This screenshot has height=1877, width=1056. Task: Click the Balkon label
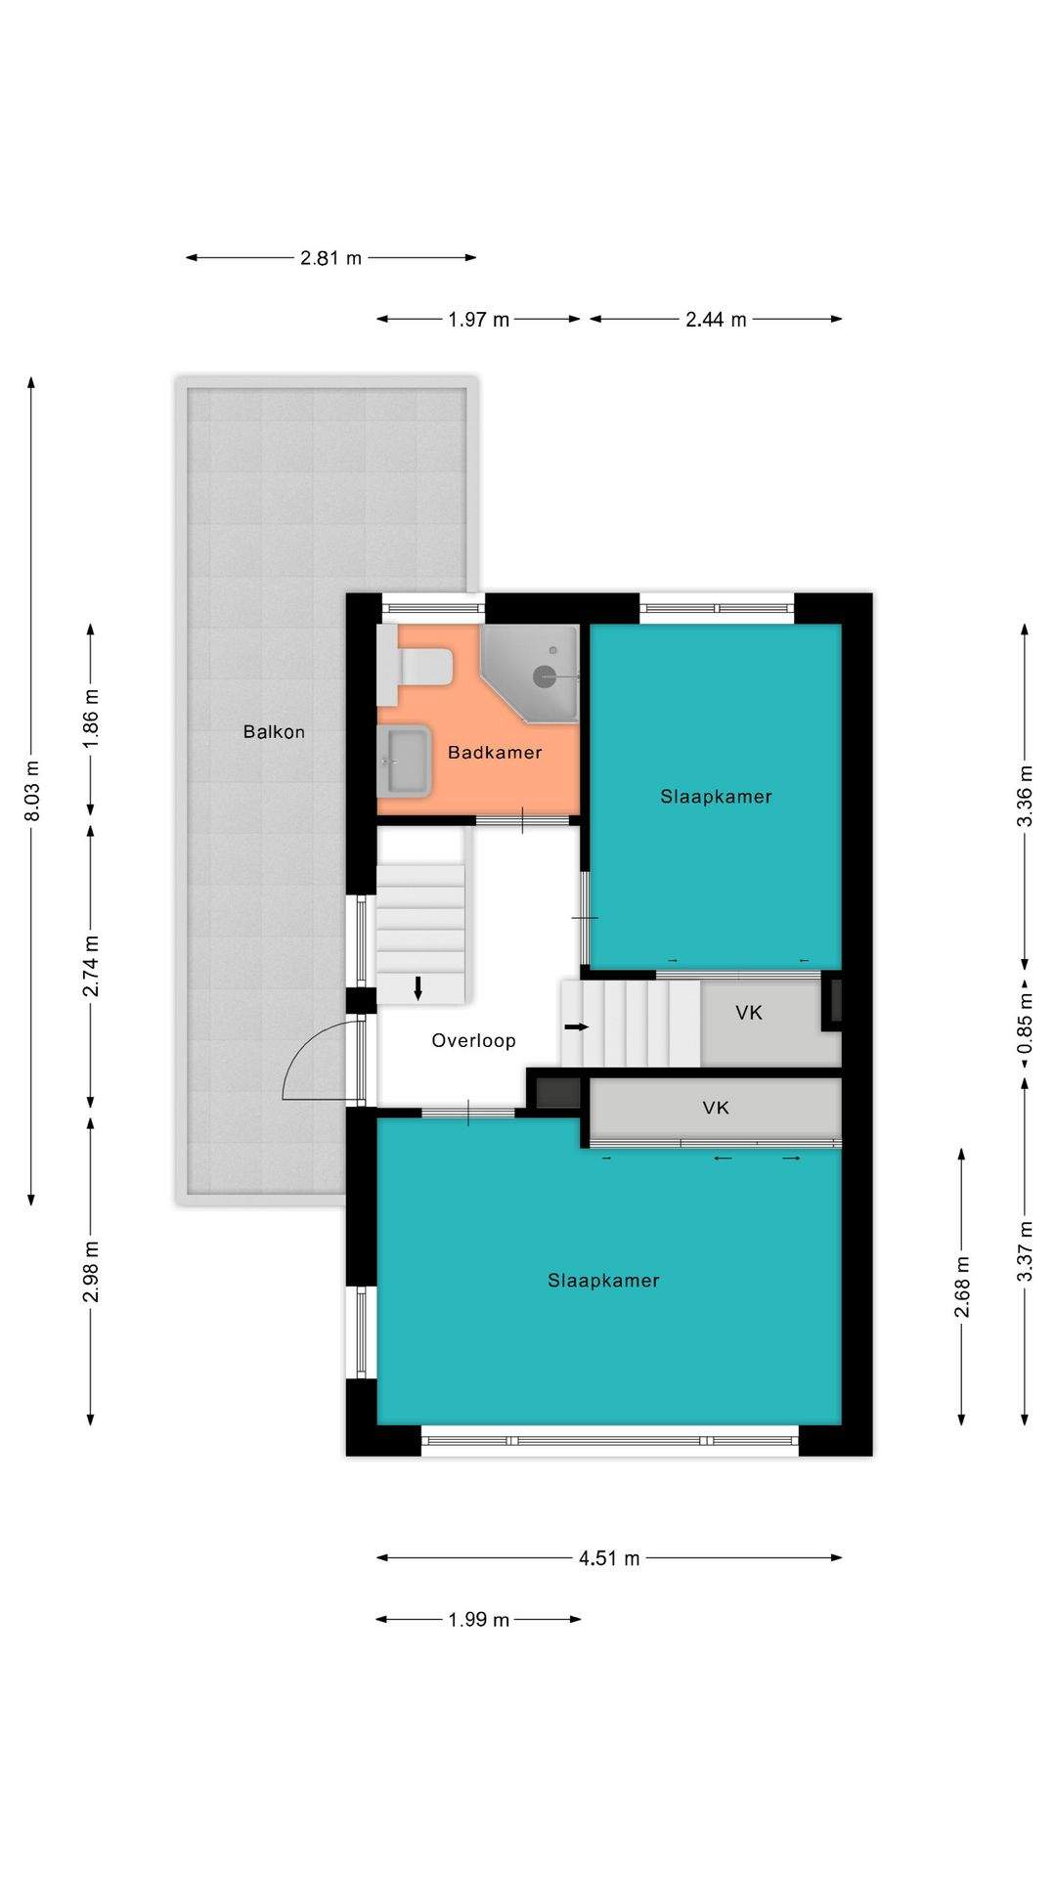click(x=274, y=731)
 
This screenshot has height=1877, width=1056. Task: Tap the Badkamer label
click(x=495, y=752)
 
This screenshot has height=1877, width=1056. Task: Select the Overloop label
click(x=473, y=1041)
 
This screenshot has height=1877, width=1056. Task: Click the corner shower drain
click(x=545, y=675)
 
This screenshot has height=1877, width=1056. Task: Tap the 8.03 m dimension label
click(x=32, y=791)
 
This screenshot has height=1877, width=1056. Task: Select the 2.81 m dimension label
click(x=331, y=258)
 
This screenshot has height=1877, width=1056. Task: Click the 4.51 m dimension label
click(x=609, y=1558)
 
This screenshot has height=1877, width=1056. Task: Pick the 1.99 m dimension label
click(x=479, y=1620)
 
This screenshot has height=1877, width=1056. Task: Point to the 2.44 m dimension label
click(x=717, y=320)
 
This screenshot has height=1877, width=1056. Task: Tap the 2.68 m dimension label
click(x=962, y=1286)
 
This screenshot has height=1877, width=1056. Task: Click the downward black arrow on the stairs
click(x=418, y=987)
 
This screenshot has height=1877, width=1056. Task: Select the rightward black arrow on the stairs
click(x=578, y=1027)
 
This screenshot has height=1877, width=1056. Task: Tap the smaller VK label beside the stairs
click(x=749, y=1013)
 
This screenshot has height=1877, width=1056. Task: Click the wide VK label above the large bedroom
click(x=716, y=1108)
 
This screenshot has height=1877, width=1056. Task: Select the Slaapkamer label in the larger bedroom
click(x=603, y=1281)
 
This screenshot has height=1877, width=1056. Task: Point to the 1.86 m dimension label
click(x=91, y=719)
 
